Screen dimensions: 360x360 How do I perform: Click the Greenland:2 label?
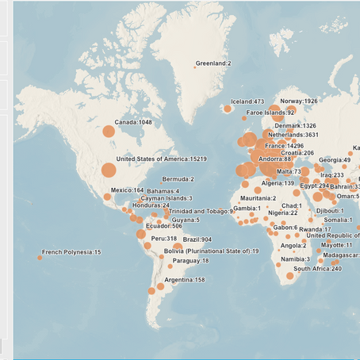tap(215, 63)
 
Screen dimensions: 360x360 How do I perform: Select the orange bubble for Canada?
tap(109, 131)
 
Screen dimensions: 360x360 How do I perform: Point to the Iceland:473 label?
tap(247, 101)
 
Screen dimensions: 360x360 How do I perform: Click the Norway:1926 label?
tap(299, 101)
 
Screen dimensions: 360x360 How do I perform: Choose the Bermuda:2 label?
tap(178, 179)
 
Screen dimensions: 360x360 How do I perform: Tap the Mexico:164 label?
tap(127, 190)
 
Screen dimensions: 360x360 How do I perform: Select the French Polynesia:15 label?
tap(71, 252)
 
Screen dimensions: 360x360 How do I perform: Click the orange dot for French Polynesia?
tap(40, 256)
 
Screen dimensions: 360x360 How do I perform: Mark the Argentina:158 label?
tap(184, 280)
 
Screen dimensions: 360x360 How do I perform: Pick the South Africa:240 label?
tap(317, 269)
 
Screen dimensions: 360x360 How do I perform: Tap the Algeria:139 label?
tap(278, 183)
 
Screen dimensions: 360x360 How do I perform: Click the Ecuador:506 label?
tap(162, 226)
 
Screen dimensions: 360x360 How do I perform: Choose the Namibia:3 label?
tap(296, 259)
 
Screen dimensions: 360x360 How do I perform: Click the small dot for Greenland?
tap(194, 67)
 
